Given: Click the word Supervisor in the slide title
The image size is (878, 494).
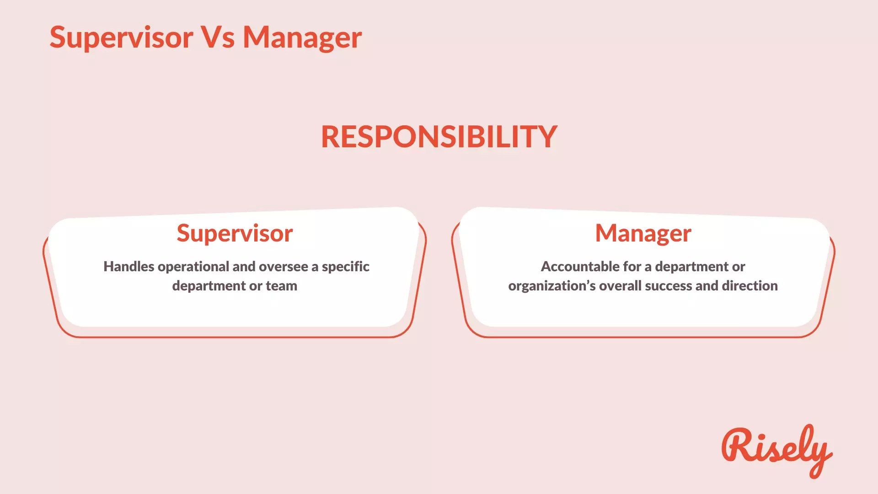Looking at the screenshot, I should click(121, 38).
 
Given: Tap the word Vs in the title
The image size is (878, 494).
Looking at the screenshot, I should click(218, 38).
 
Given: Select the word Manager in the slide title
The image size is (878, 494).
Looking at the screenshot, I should click(302, 38).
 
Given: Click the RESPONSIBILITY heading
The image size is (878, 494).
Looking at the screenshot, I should click(439, 136).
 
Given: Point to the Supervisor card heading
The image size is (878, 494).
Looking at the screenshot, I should click(235, 233).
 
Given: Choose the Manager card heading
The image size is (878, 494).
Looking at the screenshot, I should click(643, 233).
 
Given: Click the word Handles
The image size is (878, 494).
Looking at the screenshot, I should click(128, 267).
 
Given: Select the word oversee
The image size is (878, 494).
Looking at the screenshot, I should click(283, 267).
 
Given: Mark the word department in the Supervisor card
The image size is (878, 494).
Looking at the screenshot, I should click(209, 286).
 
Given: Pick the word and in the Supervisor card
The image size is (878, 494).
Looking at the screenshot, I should click(244, 267).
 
